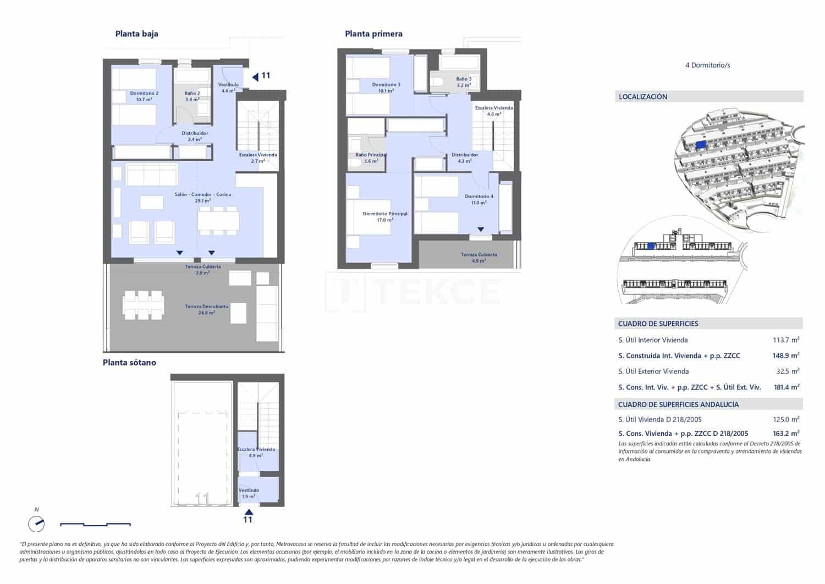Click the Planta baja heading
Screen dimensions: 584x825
click(136, 34)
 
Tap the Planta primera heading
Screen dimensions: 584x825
click(373, 34)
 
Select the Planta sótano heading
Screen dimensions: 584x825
click(129, 362)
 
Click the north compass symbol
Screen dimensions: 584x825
click(36, 523)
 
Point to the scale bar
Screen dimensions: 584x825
click(95, 524)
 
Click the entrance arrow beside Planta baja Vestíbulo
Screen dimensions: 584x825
click(255, 77)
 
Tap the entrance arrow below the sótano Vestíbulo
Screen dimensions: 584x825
click(248, 511)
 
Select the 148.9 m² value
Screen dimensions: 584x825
click(786, 356)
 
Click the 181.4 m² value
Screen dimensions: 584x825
click(786, 387)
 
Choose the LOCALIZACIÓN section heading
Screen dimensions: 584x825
click(643, 97)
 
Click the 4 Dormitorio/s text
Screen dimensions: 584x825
click(707, 65)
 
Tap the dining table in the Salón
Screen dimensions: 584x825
click(218, 221)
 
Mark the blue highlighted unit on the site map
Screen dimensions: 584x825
click(700, 145)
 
